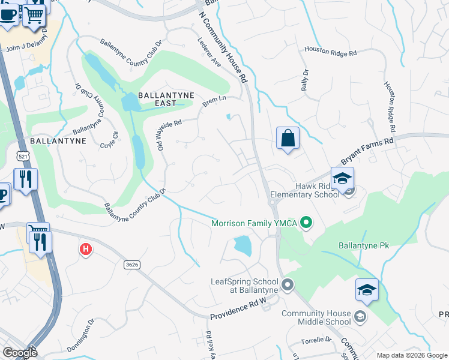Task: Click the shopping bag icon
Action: coord(288,138)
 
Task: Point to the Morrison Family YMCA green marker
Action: coord(307,223)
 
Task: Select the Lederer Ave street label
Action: coord(209,52)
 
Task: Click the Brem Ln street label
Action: coord(214,101)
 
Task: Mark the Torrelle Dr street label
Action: coord(316,340)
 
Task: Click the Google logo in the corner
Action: coord(20,353)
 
